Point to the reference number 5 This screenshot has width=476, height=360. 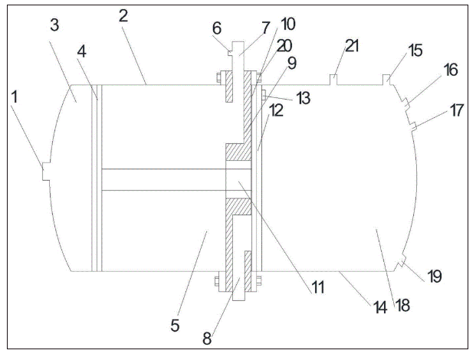[x=175, y=325]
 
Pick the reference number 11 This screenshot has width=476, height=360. [x=317, y=288]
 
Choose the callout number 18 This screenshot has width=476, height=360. [x=402, y=306]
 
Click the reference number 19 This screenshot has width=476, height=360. [x=434, y=276]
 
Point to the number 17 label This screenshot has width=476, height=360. [x=457, y=110]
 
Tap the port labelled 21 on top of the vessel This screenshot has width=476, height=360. [x=334, y=79]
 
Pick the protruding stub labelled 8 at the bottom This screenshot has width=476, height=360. [x=240, y=289]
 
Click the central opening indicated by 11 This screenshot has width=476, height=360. [x=239, y=183]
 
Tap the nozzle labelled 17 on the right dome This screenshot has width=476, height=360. [x=414, y=125]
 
